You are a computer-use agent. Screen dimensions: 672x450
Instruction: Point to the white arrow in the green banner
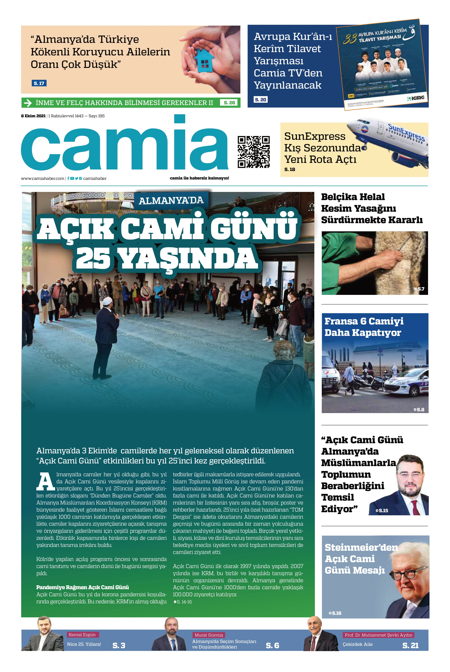point(28,103)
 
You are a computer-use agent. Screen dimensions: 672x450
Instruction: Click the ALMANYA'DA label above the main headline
point(171,200)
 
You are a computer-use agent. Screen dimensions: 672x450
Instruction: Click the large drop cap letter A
point(45,481)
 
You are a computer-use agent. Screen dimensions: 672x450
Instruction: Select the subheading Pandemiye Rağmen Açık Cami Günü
point(82,587)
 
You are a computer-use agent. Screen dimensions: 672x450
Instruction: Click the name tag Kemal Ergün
point(82,635)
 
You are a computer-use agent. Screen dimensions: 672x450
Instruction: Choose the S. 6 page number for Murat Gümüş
point(272,645)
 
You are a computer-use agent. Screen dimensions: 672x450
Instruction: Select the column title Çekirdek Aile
point(358,644)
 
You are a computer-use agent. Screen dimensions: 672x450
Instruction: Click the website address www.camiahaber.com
point(42,178)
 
